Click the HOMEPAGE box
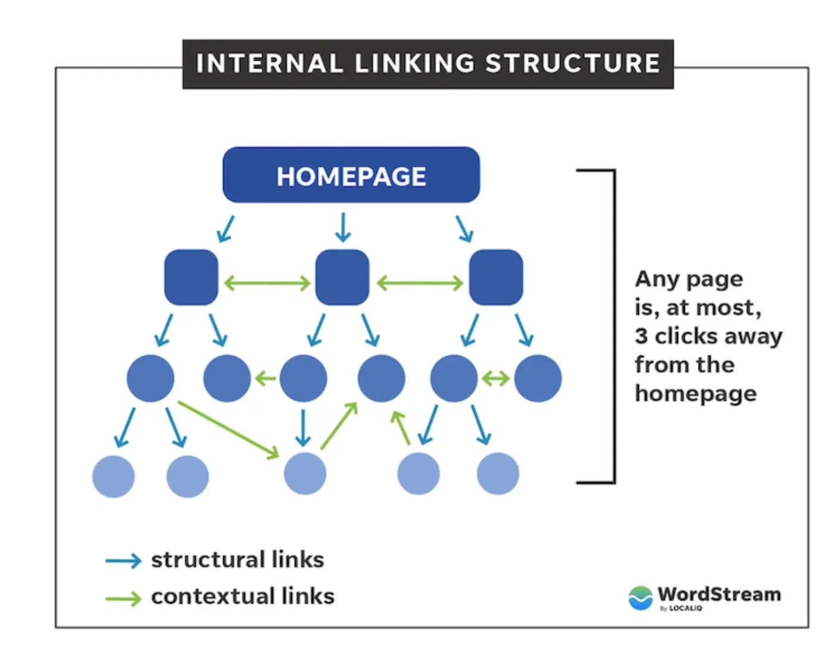point(351,176)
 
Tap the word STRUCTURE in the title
point(572,64)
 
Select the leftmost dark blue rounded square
point(191,278)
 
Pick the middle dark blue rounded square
point(342,278)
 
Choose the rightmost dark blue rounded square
point(496,278)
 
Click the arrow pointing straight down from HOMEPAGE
point(343,228)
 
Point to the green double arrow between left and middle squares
point(267,282)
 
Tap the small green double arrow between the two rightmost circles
point(495,378)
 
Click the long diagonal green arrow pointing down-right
point(228,429)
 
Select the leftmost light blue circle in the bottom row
point(113,476)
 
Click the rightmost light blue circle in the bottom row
point(498,473)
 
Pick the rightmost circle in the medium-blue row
point(538,378)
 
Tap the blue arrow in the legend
point(123,561)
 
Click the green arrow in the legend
point(123,598)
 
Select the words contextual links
point(242,596)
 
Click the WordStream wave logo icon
point(641,597)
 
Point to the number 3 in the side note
point(641,337)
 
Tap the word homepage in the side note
point(695,394)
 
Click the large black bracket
point(614,326)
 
